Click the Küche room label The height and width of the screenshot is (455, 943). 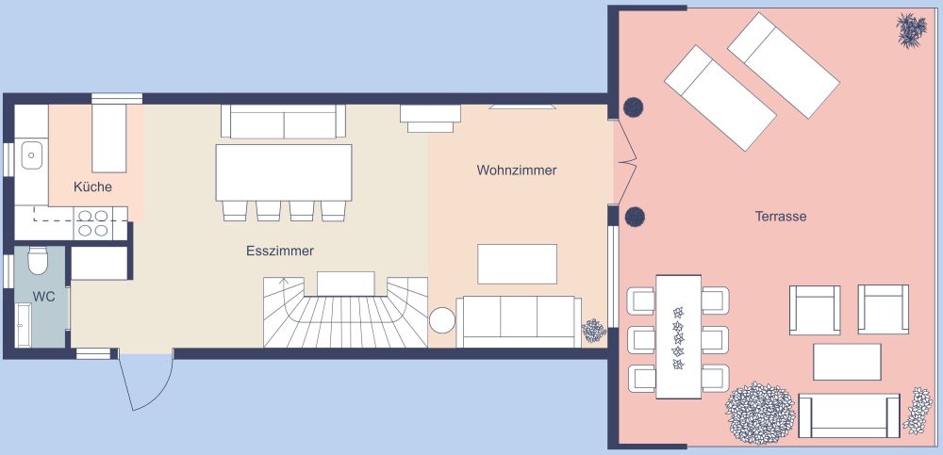tap(92, 187)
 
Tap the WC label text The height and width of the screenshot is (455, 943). tap(43, 296)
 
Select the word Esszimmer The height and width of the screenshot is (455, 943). tap(279, 252)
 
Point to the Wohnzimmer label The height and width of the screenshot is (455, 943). tap(516, 171)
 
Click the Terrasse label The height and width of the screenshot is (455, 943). tap(780, 217)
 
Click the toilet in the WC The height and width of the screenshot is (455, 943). tap(39, 259)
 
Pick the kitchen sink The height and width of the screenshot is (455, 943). tap(34, 153)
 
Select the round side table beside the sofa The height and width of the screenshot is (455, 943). tap(443, 321)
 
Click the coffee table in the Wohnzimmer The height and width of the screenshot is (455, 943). tap(517, 264)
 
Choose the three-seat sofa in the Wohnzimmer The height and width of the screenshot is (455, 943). tap(518, 320)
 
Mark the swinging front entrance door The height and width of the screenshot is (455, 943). tap(146, 382)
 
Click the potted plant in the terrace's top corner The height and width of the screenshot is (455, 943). tap(910, 30)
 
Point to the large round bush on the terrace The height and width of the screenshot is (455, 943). tap(759, 413)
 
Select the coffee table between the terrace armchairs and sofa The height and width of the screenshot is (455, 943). tap(847, 362)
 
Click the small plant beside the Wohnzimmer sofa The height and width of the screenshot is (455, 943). tap(593, 331)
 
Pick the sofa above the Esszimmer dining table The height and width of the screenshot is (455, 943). tap(283, 121)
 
